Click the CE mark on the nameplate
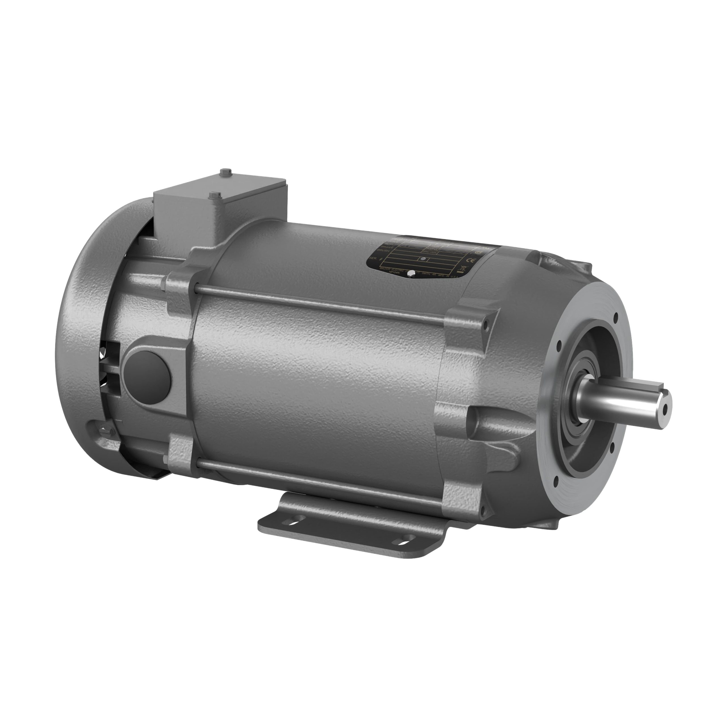tap(470, 261)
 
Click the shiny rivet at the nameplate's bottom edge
tap(412, 273)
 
